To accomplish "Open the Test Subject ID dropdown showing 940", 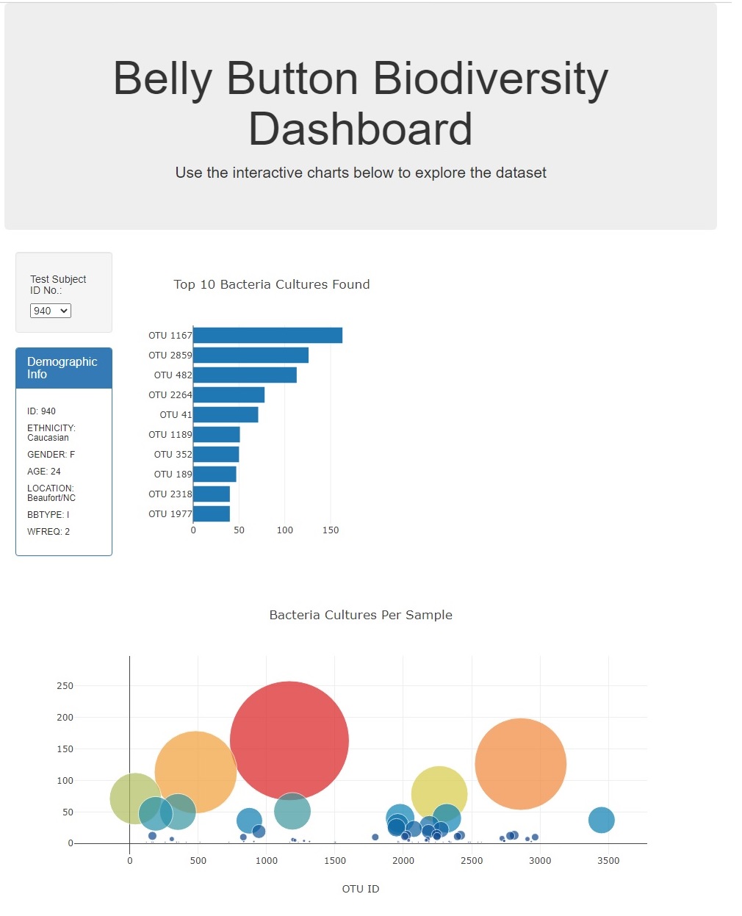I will point(50,311).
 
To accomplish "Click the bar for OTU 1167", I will point(267,336).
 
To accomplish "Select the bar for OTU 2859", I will point(251,356).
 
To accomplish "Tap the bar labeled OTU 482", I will point(245,375).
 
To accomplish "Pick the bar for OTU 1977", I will point(212,514).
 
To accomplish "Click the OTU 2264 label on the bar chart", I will point(170,395).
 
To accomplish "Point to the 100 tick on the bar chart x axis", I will point(285,530).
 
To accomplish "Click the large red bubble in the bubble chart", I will point(289,740).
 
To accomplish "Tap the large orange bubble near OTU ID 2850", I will point(521,764).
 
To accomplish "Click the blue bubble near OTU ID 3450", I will point(601,820).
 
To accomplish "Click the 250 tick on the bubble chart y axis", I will point(65,686).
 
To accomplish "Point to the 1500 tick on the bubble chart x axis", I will point(335,861).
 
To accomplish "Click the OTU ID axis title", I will point(361,889).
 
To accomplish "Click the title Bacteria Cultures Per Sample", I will point(361,615).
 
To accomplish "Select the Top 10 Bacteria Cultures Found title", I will point(272,284).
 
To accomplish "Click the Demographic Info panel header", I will point(64,368).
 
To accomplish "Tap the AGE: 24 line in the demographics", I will point(44,472).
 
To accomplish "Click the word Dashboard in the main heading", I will point(361,129).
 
